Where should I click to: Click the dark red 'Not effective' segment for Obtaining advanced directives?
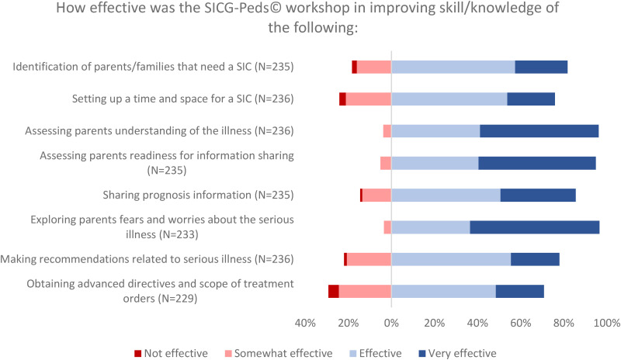(334, 292)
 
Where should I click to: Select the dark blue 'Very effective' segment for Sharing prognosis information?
(538, 196)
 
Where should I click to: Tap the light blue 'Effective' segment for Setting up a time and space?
(449, 99)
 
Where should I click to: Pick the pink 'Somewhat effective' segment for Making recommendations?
(369, 259)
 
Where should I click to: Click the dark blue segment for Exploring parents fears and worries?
(535, 227)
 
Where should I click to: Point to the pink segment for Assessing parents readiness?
(386, 163)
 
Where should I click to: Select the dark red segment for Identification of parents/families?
(355, 67)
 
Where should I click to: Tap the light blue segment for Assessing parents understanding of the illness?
(435, 131)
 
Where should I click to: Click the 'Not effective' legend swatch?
(138, 353)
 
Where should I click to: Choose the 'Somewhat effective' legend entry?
(279, 353)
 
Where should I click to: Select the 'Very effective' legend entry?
(457, 353)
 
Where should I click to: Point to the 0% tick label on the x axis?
(391, 324)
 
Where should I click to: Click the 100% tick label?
(607, 324)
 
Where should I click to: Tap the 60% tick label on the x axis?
(521, 324)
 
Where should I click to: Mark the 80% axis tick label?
(564, 324)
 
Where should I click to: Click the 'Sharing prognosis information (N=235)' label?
(199, 196)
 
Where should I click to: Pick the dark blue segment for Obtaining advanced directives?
(519, 292)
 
